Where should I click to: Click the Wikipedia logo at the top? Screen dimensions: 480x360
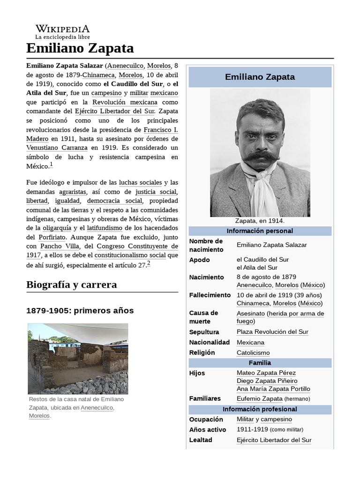tap(62, 31)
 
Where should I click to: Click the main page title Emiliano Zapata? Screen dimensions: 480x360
tap(80, 48)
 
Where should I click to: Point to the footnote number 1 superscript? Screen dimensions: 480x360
tap(51, 165)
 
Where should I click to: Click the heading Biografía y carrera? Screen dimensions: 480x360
tap(72, 285)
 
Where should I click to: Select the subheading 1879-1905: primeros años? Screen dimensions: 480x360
tap(80, 310)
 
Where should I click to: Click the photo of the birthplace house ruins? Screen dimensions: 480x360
tap(78, 359)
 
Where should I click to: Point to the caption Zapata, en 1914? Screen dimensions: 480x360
tap(260, 221)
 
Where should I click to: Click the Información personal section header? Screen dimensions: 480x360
tap(260, 231)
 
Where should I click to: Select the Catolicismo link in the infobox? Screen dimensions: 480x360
tap(253, 352)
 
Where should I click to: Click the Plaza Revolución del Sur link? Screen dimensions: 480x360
tap(272, 332)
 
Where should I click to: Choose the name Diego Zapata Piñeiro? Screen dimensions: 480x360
tap(267, 381)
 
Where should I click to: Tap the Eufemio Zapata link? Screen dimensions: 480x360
tap(259, 398)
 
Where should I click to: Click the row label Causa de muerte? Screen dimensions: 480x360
tap(203, 317)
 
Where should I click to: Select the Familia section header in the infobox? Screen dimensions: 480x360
tap(260, 363)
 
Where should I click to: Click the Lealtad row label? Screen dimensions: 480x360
tap(201, 440)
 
